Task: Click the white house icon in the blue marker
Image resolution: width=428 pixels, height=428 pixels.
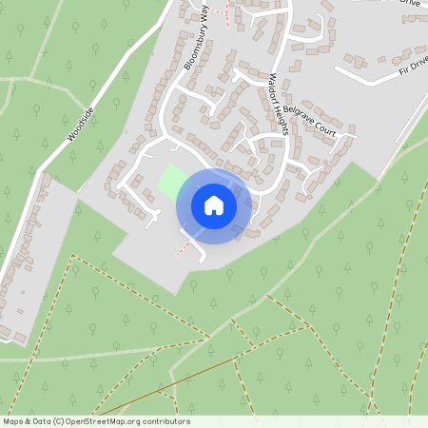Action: [x=214, y=204]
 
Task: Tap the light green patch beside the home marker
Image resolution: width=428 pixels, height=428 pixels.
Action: [x=171, y=181]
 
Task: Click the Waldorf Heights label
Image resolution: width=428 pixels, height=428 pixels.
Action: [x=277, y=105]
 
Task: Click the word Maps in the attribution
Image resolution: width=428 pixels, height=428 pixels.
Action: [x=14, y=421]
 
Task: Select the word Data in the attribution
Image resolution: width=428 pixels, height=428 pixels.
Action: [x=44, y=421]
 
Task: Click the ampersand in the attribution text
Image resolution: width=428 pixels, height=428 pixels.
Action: [x=29, y=421]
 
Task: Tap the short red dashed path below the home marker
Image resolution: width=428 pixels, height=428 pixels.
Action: [x=184, y=247]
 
